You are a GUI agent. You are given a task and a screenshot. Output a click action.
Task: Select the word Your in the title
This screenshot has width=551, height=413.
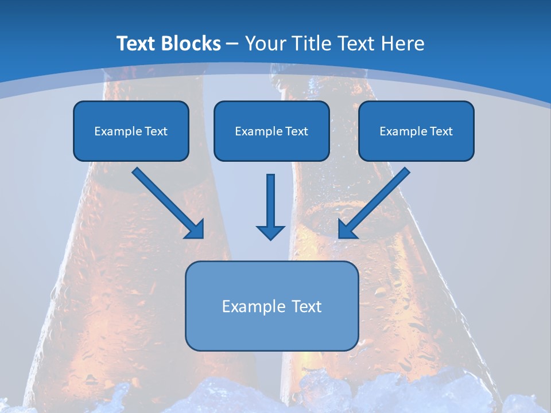(265, 44)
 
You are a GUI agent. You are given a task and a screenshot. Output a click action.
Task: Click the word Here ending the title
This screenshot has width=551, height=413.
(404, 44)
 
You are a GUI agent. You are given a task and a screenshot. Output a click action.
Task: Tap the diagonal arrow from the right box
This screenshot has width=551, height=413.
(376, 201)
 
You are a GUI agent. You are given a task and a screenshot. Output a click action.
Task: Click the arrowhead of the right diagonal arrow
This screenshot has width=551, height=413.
(347, 229)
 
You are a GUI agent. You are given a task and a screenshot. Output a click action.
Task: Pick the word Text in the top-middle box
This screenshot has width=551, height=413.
(296, 131)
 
